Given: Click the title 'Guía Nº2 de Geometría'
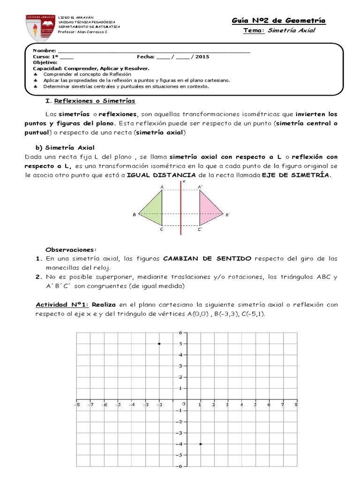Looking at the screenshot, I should point(278,21).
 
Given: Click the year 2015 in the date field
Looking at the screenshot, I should point(202,56).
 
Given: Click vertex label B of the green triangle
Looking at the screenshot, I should point(134,215).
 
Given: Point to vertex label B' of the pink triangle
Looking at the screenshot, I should point(228,215).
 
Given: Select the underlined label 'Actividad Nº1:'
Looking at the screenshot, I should point(62,305).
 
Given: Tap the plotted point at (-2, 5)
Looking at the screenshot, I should point(159,344).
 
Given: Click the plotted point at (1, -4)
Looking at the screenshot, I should point(201,444).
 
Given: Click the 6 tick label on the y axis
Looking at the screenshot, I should point(180,332).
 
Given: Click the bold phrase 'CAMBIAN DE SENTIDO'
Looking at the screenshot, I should point(207,259).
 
